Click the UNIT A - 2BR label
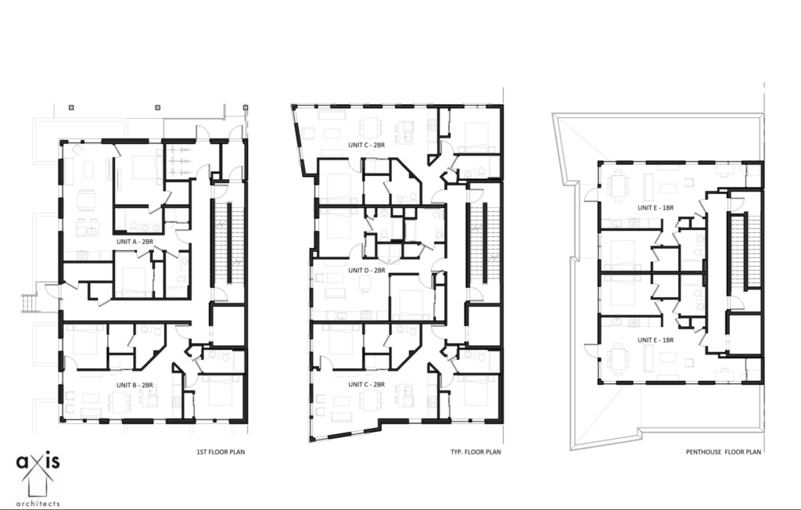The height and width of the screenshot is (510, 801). [x=134, y=242]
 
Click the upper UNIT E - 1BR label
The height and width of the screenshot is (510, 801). [x=656, y=207]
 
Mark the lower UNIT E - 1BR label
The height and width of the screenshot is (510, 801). [x=656, y=340]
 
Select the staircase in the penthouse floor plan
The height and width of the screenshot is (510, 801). [x=737, y=250]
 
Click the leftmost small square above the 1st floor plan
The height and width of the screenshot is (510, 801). [x=71, y=106]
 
